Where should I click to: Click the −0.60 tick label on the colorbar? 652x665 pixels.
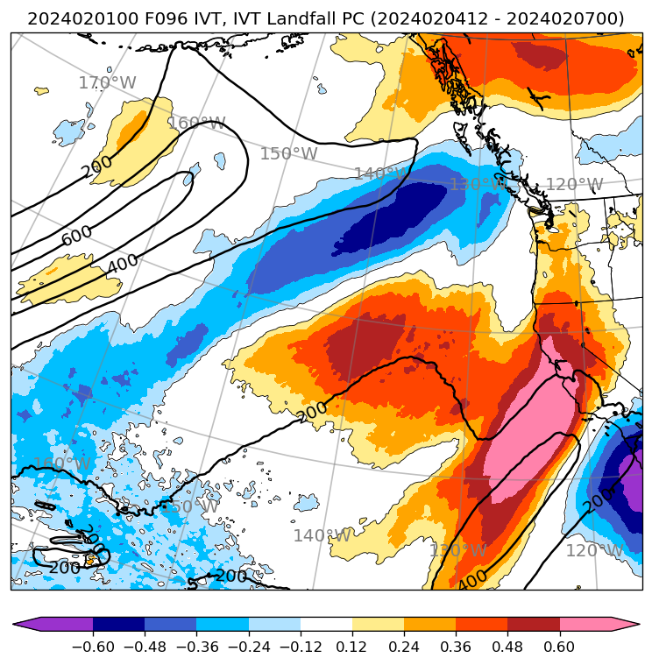tap(93, 647)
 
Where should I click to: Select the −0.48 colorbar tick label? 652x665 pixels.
tap(145, 647)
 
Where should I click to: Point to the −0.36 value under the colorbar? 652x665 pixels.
tap(196, 647)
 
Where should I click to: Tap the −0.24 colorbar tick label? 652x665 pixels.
tap(248, 647)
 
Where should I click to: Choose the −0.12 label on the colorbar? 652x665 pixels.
tap(300, 647)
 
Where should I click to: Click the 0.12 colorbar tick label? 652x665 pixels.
tap(352, 647)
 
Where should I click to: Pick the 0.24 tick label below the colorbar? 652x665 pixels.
tap(404, 647)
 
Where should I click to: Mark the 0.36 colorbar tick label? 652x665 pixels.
tap(456, 647)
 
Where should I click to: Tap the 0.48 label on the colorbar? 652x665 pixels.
tap(507, 647)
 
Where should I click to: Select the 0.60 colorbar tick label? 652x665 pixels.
tap(559, 647)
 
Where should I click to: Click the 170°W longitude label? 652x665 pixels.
tap(107, 83)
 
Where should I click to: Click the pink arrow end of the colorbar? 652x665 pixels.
tap(626, 624)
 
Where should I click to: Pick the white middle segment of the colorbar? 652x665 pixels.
tap(326, 624)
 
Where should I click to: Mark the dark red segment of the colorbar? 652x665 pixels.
tap(534, 624)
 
